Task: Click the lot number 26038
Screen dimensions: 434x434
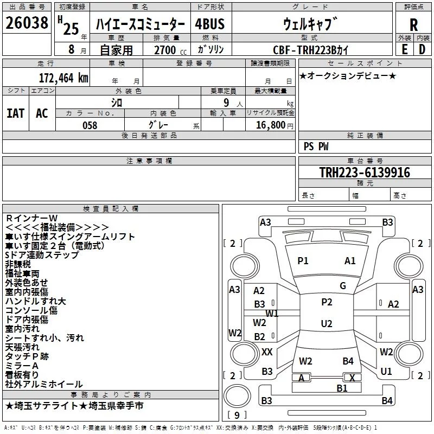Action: pyautogui.click(x=27, y=23)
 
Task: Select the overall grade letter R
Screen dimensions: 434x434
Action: pyautogui.click(x=413, y=25)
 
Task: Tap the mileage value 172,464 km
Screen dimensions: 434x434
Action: pyautogui.click(x=63, y=78)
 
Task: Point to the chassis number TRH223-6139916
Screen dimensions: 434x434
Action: pyautogui.click(x=365, y=173)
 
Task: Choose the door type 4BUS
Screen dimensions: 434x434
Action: pyautogui.click(x=209, y=24)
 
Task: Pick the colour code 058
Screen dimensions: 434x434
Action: pyautogui.click(x=90, y=125)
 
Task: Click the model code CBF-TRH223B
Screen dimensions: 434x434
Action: pyautogui.click(x=310, y=50)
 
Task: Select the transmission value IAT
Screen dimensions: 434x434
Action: pyautogui.click(x=16, y=113)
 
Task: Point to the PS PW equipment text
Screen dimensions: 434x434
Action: pyautogui.click(x=316, y=146)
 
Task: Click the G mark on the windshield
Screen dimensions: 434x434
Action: pyautogui.click(x=343, y=285)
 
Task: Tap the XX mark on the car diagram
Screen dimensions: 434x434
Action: pyautogui.click(x=267, y=352)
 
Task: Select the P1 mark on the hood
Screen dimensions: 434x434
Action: pyautogui.click(x=303, y=260)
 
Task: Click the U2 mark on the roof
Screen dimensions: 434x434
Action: pyautogui.click(x=327, y=323)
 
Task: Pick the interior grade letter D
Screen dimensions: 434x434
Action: pyautogui.click(x=422, y=49)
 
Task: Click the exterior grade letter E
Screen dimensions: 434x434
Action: pyautogui.click(x=404, y=49)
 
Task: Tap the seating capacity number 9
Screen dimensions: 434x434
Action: pyautogui.click(x=226, y=103)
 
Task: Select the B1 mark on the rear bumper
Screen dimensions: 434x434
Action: pyautogui.click(x=342, y=388)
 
